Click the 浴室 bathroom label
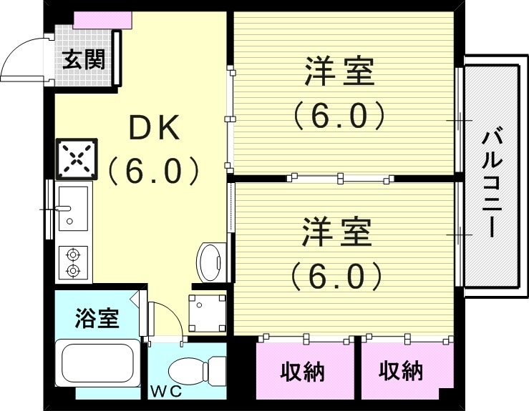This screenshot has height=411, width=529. click(97, 318)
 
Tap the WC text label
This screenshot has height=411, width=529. click(165, 392)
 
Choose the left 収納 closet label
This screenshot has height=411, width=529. click(303, 372)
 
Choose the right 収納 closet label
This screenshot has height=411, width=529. click(401, 371)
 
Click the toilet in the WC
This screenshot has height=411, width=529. click(193, 371)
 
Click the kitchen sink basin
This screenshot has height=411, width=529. click(72, 207)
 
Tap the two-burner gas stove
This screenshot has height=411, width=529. click(73, 262)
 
